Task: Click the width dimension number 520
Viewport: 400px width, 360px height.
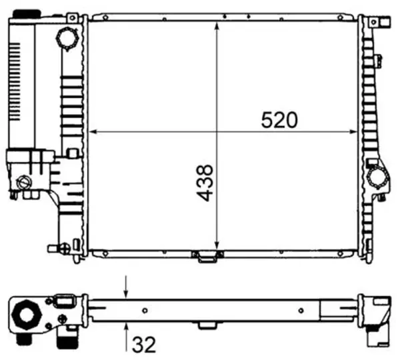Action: (279, 120)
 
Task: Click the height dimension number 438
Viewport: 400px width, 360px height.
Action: (205, 182)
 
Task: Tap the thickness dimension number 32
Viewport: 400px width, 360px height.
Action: (144, 345)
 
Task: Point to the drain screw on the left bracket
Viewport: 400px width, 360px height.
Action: (25, 181)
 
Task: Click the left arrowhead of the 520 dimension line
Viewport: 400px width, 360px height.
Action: (94, 131)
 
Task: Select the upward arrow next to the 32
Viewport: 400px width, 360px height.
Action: (126, 327)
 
